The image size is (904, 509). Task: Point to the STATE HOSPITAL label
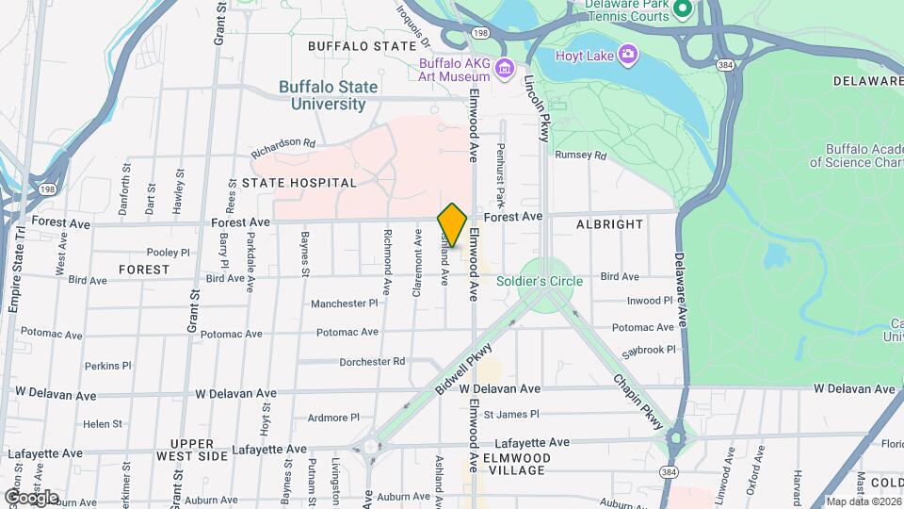click(299, 183)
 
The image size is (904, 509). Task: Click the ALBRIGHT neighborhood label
click(610, 224)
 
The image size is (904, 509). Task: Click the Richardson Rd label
click(282, 147)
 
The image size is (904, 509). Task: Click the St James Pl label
click(510, 414)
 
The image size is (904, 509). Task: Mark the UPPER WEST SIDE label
click(199, 450)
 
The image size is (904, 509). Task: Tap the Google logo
click(31, 497)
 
